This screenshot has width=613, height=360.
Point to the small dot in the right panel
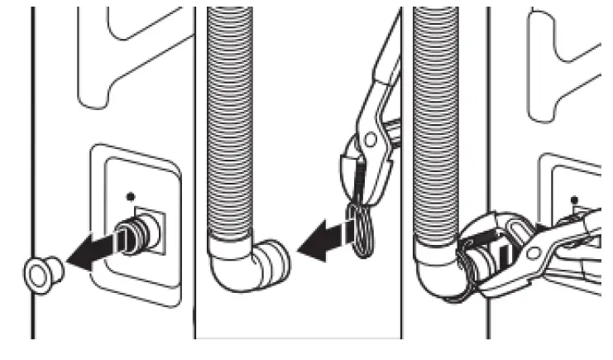(573, 199)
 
